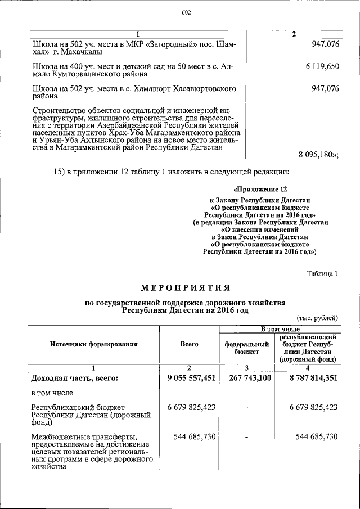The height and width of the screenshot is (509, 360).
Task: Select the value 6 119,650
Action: click(322, 66)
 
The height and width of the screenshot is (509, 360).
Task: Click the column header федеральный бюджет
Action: click(245, 347)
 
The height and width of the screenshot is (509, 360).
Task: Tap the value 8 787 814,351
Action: click(314, 378)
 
